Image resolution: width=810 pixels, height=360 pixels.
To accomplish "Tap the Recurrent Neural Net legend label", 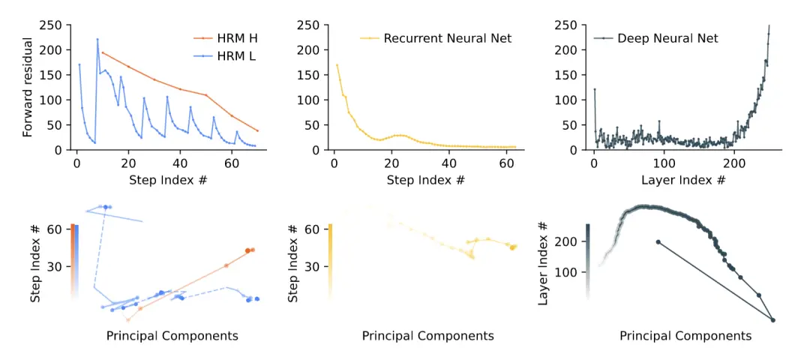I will coord(447,37).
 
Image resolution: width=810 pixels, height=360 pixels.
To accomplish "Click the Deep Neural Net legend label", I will coord(667,37).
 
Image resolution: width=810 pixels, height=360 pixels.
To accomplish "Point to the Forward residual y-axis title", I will coord(29,88).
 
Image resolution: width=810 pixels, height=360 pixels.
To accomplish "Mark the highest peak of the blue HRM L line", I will coord(97,39).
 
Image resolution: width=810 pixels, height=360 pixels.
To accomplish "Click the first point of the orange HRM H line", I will coord(103,52).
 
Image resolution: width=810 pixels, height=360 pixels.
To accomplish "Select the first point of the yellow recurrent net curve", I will coord(337,65).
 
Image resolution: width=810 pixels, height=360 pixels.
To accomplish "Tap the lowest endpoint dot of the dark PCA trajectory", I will coord(772,320).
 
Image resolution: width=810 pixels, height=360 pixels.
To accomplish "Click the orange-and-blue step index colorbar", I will coord(73,261).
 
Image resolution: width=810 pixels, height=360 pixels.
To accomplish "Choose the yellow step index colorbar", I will coord(330,261).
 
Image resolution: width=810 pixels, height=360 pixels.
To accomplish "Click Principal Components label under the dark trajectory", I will coord(685,336).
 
